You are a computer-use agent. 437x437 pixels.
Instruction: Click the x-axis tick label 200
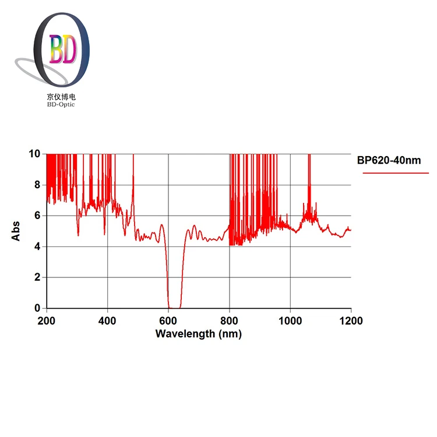pyautogui.click(x=47, y=321)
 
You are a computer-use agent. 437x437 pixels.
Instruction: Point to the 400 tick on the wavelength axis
pyautogui.click(x=107, y=321)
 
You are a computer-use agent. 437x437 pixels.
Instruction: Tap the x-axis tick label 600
pyautogui.click(x=168, y=321)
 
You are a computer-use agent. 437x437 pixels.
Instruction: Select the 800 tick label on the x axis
pyautogui.click(x=230, y=321)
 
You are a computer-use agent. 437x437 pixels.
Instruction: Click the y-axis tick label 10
pyautogui.click(x=34, y=154)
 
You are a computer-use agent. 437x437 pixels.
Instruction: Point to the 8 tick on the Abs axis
pyautogui.click(x=37, y=185)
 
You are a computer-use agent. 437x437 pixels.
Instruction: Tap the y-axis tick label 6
pyautogui.click(x=37, y=216)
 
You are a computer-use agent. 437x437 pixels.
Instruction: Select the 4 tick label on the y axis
pyautogui.click(x=37, y=246)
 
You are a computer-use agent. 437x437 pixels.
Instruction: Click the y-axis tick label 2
pyautogui.click(x=37, y=277)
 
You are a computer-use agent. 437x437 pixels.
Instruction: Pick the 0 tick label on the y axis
pyautogui.click(x=37, y=308)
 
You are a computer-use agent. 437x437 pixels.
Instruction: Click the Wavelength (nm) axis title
pyautogui.click(x=198, y=334)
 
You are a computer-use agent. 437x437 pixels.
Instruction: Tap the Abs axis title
pyautogui.click(x=16, y=231)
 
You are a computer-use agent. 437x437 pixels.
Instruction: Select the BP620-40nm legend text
pyautogui.click(x=389, y=160)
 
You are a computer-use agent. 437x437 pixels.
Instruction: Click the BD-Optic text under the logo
pyautogui.click(x=62, y=104)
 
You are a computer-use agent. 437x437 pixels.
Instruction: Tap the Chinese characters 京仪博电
pyautogui.click(x=62, y=97)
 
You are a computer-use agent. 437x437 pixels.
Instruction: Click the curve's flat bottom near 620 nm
pyautogui.click(x=174, y=308)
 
